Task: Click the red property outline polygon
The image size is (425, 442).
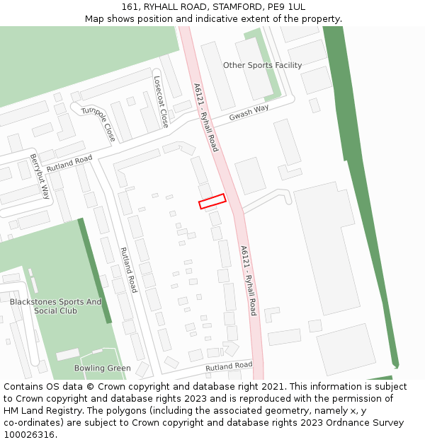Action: click(212, 202)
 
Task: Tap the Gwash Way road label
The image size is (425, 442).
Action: click(249, 113)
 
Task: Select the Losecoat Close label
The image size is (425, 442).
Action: click(161, 102)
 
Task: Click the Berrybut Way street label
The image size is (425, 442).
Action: click(40, 175)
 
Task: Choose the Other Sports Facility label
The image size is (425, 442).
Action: click(262, 65)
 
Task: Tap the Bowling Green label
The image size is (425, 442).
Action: click(103, 368)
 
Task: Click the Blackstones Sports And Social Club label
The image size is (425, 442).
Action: click(55, 306)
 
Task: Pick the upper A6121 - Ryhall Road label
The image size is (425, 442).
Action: click(205, 117)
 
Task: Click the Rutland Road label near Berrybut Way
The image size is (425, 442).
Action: click(69, 164)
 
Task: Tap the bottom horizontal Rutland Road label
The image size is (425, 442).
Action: click(229, 366)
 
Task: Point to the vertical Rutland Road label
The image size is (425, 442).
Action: click(128, 269)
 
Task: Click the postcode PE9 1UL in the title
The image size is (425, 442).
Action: click(288, 7)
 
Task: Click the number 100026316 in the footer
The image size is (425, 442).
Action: click(29, 434)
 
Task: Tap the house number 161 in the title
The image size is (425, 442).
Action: click(129, 7)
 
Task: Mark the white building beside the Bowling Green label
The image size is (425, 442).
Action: click(68, 354)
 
